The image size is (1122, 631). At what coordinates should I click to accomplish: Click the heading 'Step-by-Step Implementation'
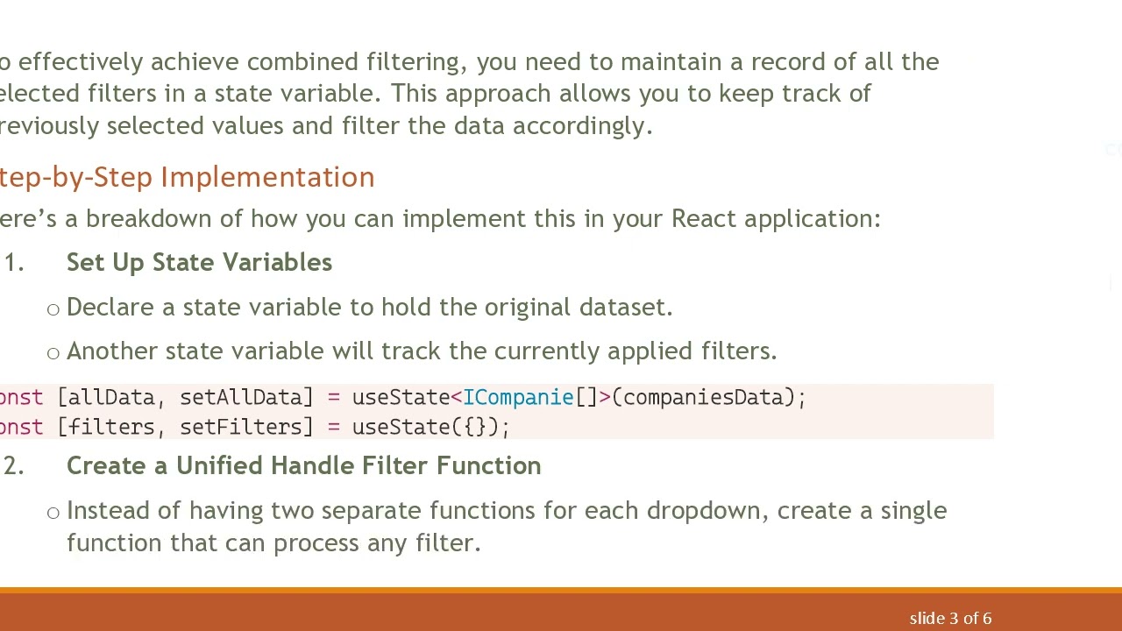click(188, 177)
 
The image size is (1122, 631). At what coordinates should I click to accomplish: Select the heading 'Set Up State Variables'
click(199, 263)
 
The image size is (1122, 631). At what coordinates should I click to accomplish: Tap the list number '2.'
click(13, 466)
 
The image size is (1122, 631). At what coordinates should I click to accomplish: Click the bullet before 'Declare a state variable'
click(53, 309)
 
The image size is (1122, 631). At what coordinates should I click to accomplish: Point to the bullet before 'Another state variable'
click(53, 353)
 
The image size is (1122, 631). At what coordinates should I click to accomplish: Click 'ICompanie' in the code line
click(518, 398)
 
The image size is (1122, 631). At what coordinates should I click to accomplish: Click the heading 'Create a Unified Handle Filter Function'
click(303, 466)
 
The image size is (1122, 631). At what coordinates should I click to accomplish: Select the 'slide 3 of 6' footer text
click(950, 619)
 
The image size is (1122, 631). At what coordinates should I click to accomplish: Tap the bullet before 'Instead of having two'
click(53, 513)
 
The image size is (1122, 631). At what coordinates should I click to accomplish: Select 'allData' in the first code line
click(111, 398)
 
